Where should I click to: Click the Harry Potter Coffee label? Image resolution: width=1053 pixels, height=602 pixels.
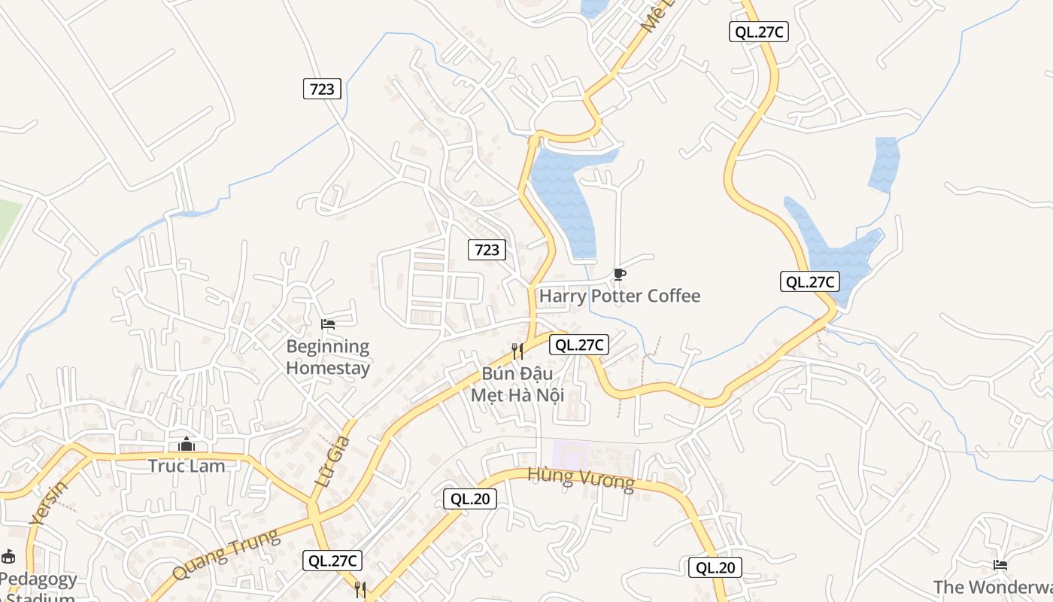coord(619,296)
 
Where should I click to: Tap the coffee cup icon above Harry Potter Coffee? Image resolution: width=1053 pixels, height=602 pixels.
coord(619,274)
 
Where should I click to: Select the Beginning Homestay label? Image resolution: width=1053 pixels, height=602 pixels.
coord(328,357)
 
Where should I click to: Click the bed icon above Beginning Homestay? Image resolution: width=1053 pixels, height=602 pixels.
coord(328,324)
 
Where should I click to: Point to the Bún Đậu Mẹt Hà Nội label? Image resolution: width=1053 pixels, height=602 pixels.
coord(517,384)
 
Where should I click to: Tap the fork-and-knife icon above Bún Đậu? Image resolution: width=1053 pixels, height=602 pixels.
coord(517,351)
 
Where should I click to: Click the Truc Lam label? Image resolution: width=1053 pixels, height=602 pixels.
coord(187,466)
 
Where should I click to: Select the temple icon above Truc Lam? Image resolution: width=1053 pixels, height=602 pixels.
coord(187,445)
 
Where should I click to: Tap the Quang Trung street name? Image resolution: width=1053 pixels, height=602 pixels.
coord(226,555)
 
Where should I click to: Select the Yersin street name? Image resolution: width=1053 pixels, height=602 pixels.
coord(49,502)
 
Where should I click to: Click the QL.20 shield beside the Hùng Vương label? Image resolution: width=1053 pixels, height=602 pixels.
coord(469,498)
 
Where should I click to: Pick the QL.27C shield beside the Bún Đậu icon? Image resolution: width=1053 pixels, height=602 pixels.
coord(579,345)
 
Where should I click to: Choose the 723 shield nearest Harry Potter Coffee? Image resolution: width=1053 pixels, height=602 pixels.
coord(487,249)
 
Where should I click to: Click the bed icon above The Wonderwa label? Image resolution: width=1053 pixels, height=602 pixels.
coord(1000,564)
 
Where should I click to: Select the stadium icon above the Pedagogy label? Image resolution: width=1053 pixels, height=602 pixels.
coord(8,557)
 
